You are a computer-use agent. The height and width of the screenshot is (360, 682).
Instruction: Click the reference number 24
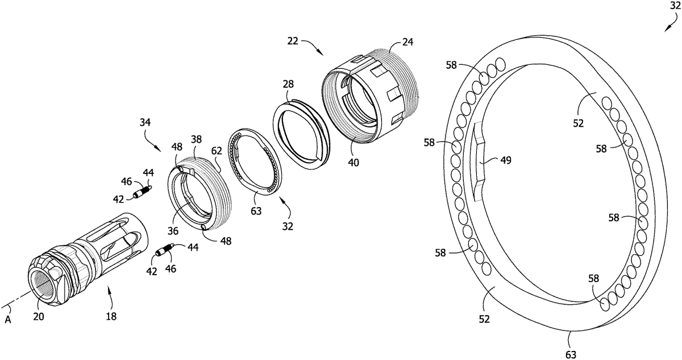pos(407,42)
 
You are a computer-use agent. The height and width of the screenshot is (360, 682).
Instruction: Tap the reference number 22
pos(293,41)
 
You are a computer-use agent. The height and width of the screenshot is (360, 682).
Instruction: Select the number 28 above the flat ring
pos(288,84)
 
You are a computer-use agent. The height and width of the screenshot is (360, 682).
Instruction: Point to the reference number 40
pos(354,163)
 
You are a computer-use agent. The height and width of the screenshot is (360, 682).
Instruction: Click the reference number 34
pos(145,122)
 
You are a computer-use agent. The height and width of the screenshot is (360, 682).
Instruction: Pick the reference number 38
pos(197,139)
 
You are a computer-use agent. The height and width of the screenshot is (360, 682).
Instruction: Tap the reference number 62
pos(217,151)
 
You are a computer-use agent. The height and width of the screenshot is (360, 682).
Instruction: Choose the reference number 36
pos(173,231)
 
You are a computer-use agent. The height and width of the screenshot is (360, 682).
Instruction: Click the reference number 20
pos(39,317)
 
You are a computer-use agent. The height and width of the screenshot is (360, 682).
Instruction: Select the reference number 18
pos(111,317)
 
